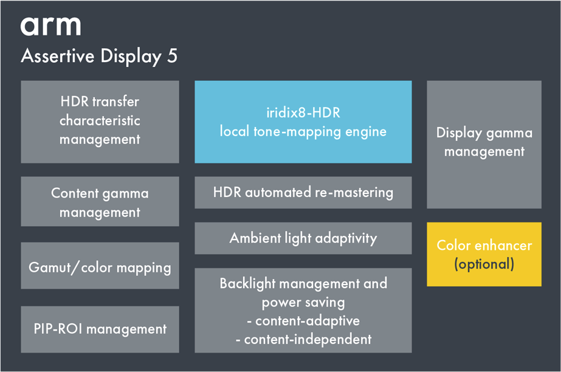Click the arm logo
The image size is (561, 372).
pos(50,26)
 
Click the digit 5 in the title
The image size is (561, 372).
pos(172,56)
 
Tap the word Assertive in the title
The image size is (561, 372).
pos(58,56)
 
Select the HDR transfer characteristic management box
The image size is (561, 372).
pos(100,122)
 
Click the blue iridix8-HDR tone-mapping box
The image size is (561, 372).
pos(303,122)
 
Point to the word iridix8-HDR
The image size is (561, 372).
pos(303,112)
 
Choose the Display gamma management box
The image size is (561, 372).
pos(484,144)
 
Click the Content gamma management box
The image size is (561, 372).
pos(100,201)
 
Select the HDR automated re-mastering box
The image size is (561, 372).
pos(303,193)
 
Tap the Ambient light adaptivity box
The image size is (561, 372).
pos(303,238)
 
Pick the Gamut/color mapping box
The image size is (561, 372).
pos(100,266)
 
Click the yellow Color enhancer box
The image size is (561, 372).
pos(484,254)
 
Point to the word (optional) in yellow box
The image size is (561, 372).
pos(484,264)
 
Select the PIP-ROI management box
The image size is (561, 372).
pos(100,329)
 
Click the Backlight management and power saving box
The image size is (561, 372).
pos(303,310)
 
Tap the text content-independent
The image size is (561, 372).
pos(308,339)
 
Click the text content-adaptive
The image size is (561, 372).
pos(308,321)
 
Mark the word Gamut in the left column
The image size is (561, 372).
pos(50,267)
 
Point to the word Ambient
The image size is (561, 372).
pos(255,238)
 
